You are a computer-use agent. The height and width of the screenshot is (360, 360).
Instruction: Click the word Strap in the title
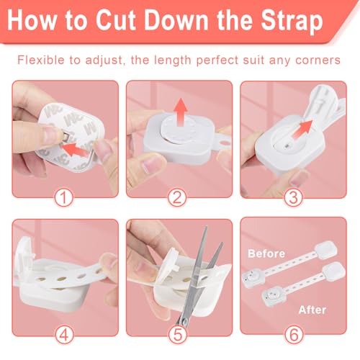tap(292, 21)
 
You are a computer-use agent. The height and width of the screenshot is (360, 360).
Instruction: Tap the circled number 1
tap(63, 198)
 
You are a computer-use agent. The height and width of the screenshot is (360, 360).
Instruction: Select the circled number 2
tap(177, 198)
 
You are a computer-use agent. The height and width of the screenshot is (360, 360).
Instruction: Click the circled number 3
tap(293, 198)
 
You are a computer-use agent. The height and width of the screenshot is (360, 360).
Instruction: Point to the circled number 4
tap(64, 335)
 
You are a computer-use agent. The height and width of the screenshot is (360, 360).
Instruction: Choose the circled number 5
tap(178, 335)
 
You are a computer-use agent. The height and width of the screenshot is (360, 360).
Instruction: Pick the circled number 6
tap(294, 335)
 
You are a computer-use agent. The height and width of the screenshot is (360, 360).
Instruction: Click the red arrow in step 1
tap(76, 150)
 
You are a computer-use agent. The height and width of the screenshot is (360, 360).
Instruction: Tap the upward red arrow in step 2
tap(181, 112)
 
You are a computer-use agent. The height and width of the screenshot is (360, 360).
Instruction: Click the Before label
tap(266, 253)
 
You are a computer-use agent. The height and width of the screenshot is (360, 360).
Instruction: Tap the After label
tap(312, 310)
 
